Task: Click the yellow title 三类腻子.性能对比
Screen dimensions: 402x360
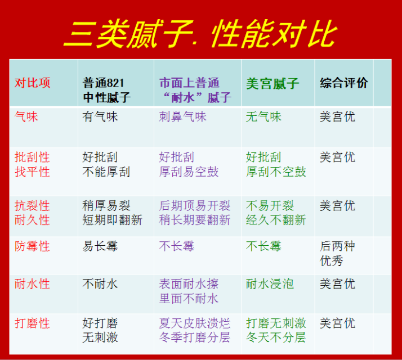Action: pyautogui.click(x=200, y=34)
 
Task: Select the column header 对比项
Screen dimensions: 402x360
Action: pyautogui.click(x=32, y=83)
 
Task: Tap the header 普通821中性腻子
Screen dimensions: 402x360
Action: pyautogui.click(x=106, y=90)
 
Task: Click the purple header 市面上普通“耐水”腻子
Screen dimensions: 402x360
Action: pyautogui.click(x=195, y=90)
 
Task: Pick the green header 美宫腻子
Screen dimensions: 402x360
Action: pyautogui.click(x=273, y=83)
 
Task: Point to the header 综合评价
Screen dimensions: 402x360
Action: pyautogui.click(x=343, y=83)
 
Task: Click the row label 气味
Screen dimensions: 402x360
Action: pyautogui.click(x=26, y=117)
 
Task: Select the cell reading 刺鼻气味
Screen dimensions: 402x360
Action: pyautogui.click(x=182, y=117)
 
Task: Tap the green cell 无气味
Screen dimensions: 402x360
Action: pyautogui.click(x=263, y=117)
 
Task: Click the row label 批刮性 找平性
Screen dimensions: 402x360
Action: pyautogui.click(x=32, y=164)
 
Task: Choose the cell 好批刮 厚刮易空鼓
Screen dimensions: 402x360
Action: pyautogui.click(x=189, y=164)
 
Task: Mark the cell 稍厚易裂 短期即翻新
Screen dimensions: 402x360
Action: pyautogui.click(x=112, y=213)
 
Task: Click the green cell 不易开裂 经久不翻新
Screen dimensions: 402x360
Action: pyautogui.click(x=276, y=213)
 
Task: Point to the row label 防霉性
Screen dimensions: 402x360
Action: pyautogui.click(x=32, y=246)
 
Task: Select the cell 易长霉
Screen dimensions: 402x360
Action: pyautogui.click(x=100, y=246)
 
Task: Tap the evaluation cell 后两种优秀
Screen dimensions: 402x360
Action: pyautogui.click(x=337, y=254)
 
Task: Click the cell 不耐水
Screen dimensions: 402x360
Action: pyautogui.click(x=100, y=284)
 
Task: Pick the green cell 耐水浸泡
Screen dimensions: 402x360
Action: pyautogui.click(x=270, y=284)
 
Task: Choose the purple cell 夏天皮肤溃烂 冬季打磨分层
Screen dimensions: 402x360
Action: pyautogui.click(x=195, y=330)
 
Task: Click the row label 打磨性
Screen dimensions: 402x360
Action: pyautogui.click(x=32, y=323)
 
